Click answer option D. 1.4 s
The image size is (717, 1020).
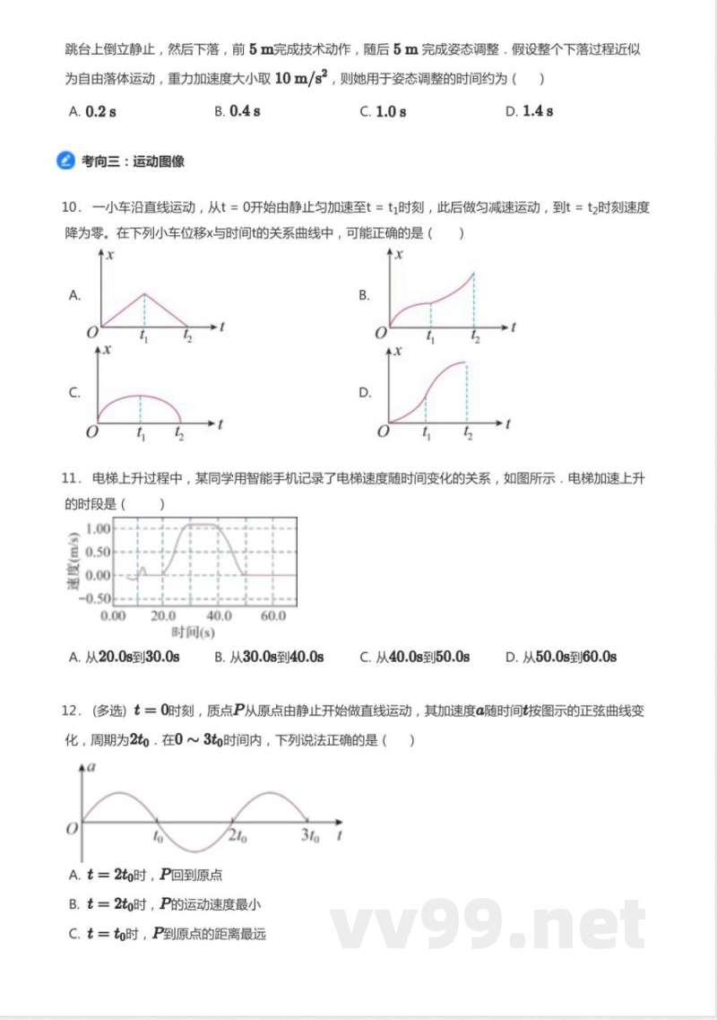[x=529, y=111]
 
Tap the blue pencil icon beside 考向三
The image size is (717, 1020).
[x=65, y=161]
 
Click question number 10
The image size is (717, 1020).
[x=72, y=207]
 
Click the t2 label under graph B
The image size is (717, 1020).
[x=475, y=338]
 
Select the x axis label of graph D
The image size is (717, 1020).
[x=398, y=353]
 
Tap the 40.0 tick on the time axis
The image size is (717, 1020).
[x=219, y=617]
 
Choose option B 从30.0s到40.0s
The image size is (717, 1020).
[x=269, y=658]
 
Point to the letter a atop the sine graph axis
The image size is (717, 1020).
[x=92, y=769]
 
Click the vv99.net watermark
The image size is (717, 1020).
[x=488, y=925]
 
